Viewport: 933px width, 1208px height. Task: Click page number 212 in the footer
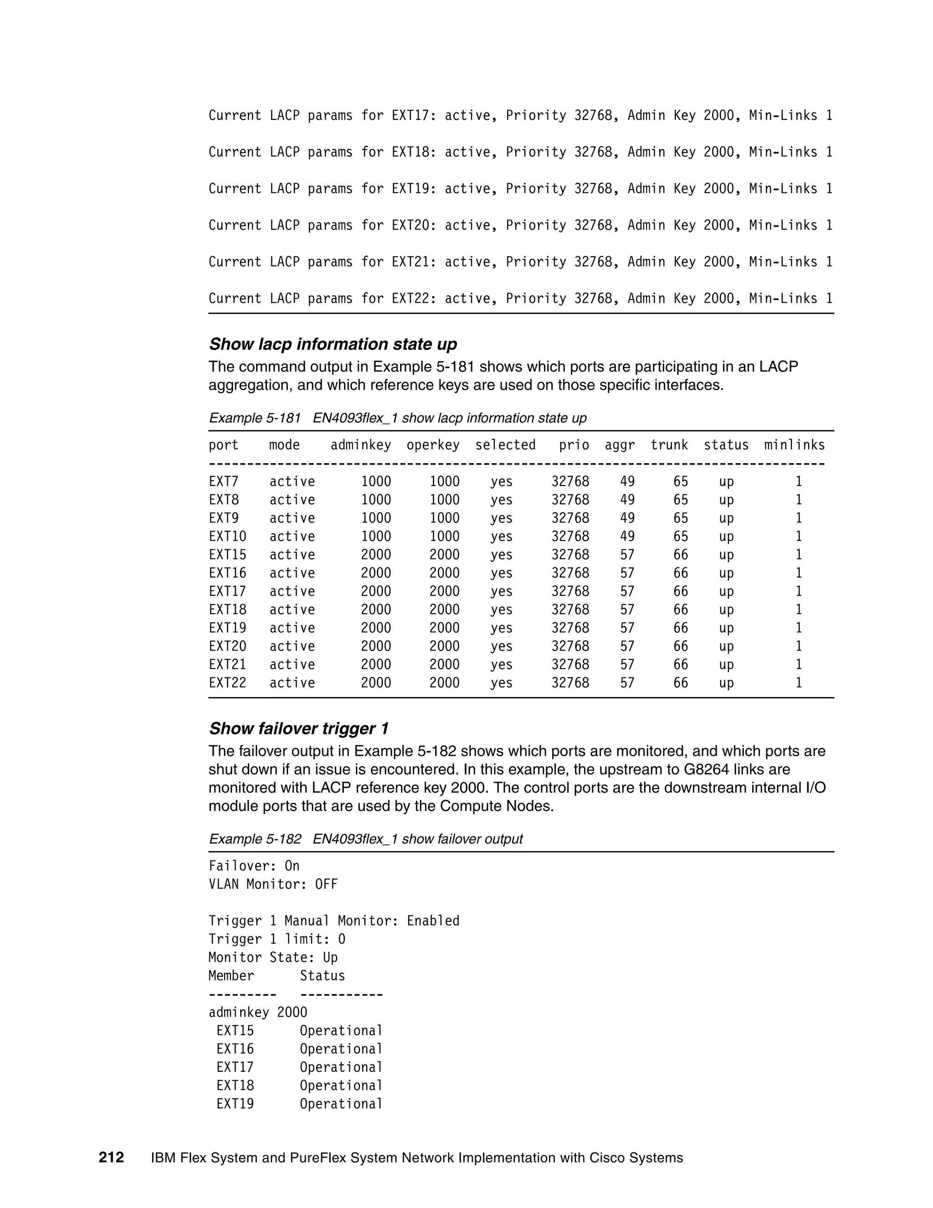(x=111, y=1158)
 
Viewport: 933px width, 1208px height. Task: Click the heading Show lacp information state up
(x=333, y=344)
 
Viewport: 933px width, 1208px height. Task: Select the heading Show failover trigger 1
(x=298, y=728)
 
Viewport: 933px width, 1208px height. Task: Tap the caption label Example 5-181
(x=254, y=418)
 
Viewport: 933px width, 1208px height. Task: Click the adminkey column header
(x=360, y=445)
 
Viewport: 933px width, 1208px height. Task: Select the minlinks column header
(x=794, y=445)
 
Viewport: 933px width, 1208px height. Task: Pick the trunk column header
(x=669, y=445)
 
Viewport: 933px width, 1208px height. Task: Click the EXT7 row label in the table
(x=223, y=482)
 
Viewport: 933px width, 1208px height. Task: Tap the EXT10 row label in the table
(x=227, y=537)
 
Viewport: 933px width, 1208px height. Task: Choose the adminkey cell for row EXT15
(x=376, y=555)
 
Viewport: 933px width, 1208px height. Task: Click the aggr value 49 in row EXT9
(x=627, y=518)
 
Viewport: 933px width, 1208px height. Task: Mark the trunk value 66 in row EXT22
(x=681, y=683)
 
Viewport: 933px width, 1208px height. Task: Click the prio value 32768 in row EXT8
(x=570, y=500)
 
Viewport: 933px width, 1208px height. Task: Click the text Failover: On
(x=254, y=866)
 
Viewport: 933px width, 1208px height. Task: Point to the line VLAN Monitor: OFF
(x=272, y=884)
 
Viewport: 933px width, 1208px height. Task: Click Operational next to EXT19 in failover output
(x=341, y=1104)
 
